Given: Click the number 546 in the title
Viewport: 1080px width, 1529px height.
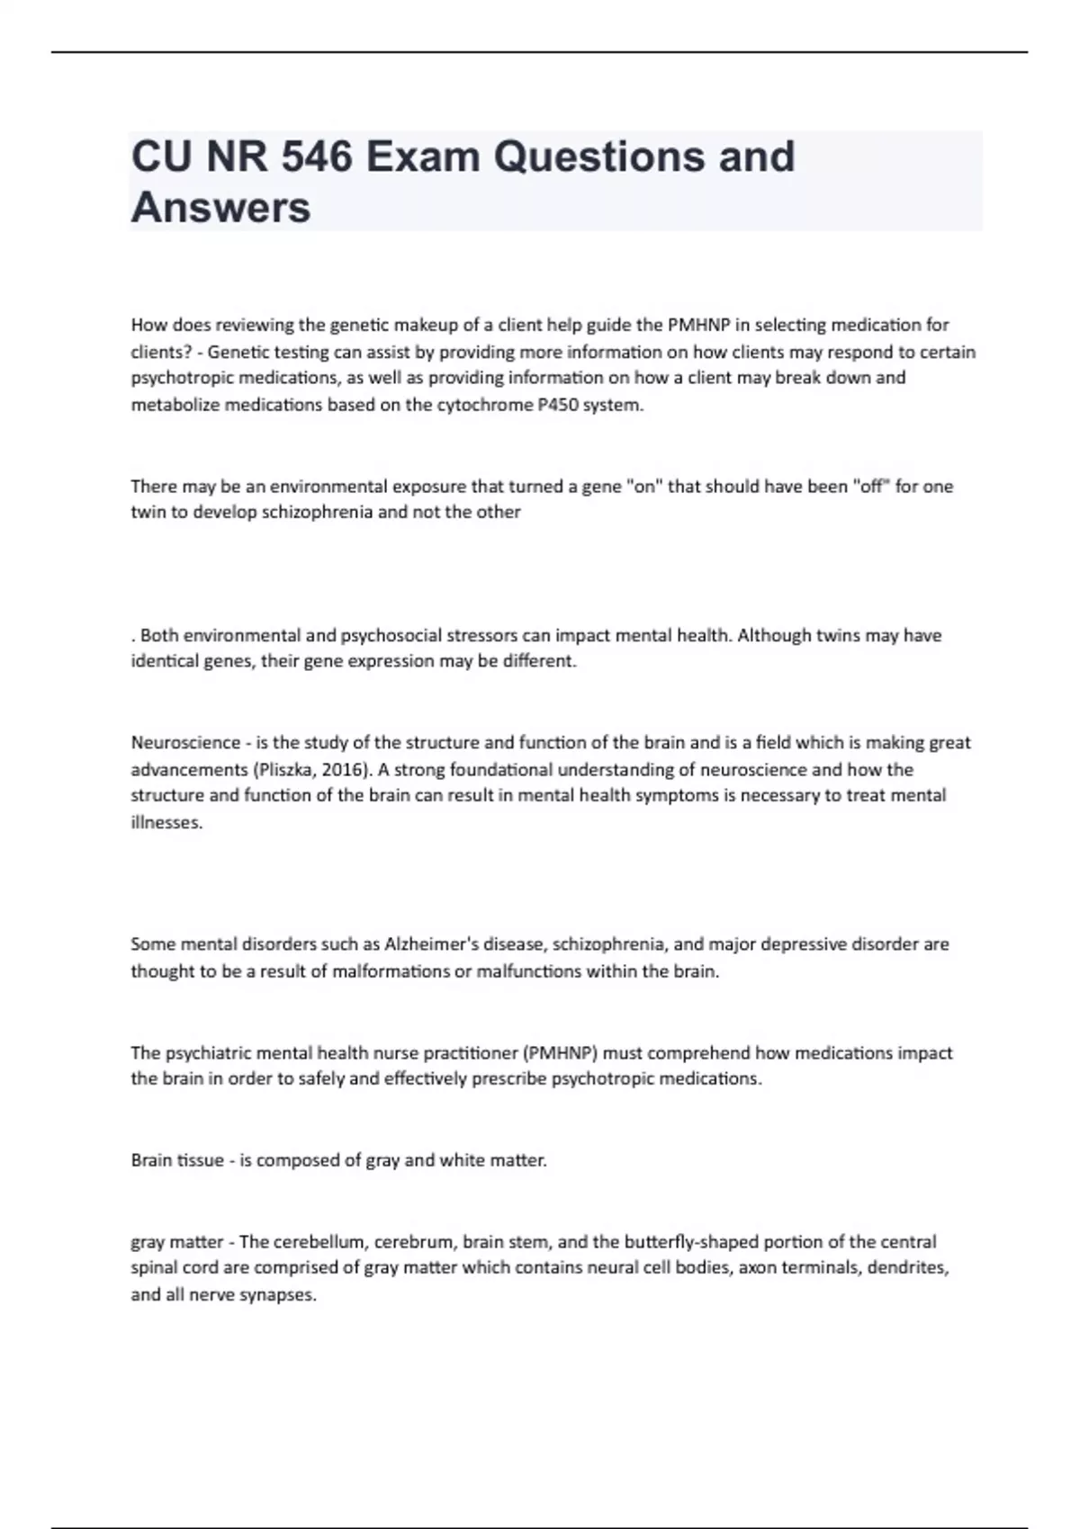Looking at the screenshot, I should point(315,156).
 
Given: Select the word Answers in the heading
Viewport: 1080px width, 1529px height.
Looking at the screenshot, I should point(221,207).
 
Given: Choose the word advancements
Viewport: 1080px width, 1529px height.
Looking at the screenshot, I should point(188,770).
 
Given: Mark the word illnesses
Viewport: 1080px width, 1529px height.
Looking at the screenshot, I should point(166,823).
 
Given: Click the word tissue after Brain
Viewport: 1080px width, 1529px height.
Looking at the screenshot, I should point(201,1160).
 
